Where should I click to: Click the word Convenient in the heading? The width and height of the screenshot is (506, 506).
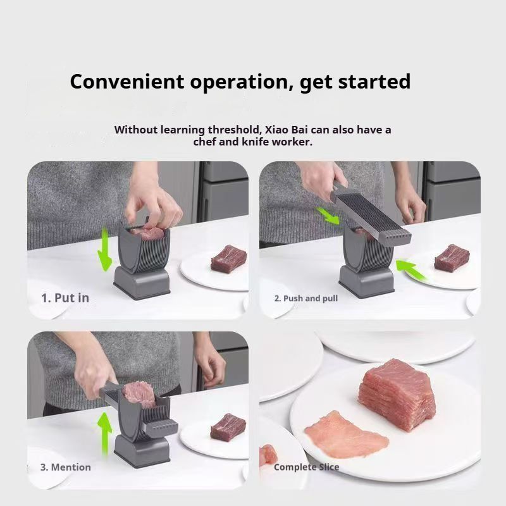(127, 82)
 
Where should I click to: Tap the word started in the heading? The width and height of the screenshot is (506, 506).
(374, 82)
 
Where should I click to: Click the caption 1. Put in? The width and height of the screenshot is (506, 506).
(65, 298)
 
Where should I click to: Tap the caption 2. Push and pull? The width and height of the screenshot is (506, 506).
(306, 299)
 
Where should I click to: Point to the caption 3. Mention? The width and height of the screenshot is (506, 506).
(66, 467)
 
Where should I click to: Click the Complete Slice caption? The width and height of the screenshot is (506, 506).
(306, 467)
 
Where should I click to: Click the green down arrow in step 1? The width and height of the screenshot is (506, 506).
(104, 249)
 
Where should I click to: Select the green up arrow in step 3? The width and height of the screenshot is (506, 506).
(105, 433)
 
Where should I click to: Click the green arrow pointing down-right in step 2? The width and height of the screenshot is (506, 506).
(328, 216)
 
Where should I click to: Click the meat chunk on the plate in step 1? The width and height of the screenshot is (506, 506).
(229, 259)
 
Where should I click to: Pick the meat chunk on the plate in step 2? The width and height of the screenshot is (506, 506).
(452, 257)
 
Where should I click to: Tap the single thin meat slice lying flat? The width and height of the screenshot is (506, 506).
(346, 435)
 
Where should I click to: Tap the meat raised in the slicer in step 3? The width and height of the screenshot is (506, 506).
(139, 393)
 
